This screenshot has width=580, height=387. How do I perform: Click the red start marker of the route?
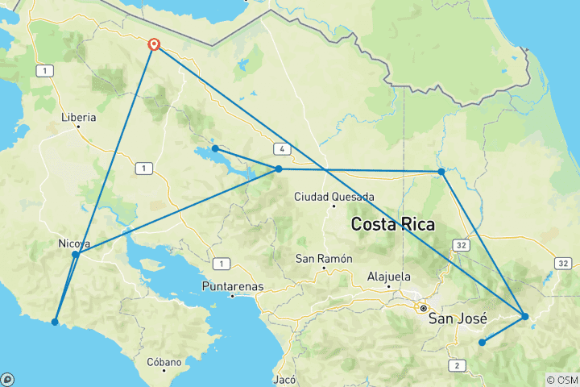click(x=153, y=45)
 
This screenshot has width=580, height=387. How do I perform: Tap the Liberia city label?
click(x=79, y=117)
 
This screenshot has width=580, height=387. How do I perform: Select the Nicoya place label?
click(x=74, y=243)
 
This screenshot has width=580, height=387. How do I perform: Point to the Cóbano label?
click(x=164, y=362)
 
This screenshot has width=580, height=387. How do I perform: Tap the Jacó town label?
click(x=285, y=379)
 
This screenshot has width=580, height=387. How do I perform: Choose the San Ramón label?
click(x=325, y=259)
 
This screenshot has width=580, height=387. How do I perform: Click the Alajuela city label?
click(x=389, y=276)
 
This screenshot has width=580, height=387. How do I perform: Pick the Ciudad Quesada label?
click(x=333, y=196)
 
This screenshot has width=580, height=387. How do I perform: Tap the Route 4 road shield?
click(x=281, y=149)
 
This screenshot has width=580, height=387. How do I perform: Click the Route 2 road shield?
click(x=458, y=366)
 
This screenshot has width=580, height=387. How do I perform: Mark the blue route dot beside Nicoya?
click(x=75, y=255)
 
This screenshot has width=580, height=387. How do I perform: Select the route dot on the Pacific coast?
click(x=55, y=322)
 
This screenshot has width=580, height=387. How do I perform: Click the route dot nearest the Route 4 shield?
click(x=279, y=169)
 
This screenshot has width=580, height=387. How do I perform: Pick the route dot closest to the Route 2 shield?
click(x=482, y=343)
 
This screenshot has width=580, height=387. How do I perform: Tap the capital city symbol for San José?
click(x=422, y=307)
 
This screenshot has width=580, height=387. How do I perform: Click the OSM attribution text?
click(x=561, y=380)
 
